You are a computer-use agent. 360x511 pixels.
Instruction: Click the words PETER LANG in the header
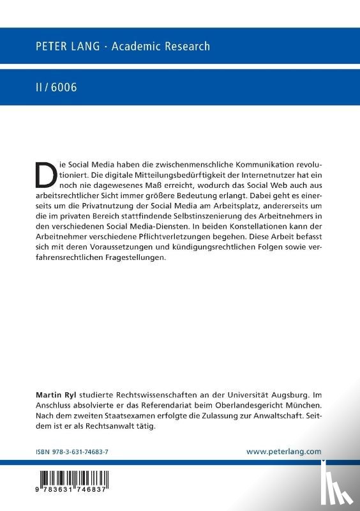[x=64, y=46]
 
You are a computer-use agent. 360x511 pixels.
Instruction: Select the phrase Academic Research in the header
[x=161, y=46]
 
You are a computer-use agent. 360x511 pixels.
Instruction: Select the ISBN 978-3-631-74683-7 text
[x=72, y=451]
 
